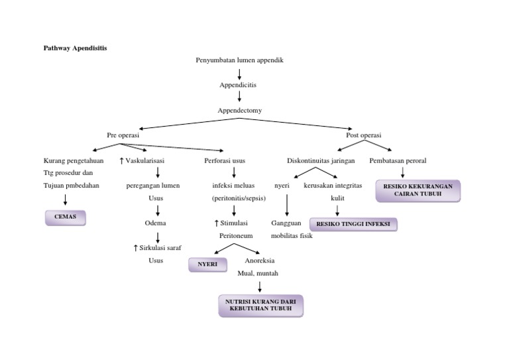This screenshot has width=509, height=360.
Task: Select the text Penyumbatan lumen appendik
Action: (x=239, y=60)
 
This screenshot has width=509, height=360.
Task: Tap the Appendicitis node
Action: (x=238, y=85)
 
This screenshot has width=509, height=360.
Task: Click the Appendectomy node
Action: (x=239, y=110)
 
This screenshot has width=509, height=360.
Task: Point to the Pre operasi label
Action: (x=123, y=135)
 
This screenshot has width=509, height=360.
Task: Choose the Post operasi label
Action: (x=364, y=135)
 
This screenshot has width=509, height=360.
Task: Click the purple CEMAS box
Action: (x=65, y=217)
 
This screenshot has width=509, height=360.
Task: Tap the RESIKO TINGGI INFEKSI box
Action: (x=353, y=225)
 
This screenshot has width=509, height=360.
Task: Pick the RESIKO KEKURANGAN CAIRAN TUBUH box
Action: (x=418, y=190)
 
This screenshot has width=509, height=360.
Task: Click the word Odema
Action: (x=155, y=223)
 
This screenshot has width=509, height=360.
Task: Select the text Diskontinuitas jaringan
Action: (x=321, y=160)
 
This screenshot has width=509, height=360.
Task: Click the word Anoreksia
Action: (x=260, y=260)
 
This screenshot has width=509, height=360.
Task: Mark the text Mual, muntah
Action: (x=258, y=272)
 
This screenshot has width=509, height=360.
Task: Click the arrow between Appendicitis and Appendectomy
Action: (x=239, y=97)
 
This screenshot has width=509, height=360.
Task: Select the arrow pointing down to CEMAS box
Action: (x=65, y=200)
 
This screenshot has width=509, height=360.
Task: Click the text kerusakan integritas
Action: (x=333, y=186)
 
